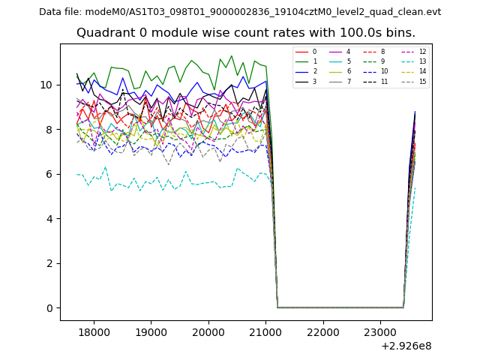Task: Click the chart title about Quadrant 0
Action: click(245, 33)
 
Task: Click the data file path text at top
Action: click(240, 12)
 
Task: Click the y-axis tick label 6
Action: click(50, 174)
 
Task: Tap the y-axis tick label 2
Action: click(50, 263)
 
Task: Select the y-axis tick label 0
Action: click(50, 308)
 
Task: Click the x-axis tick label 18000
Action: click(94, 331)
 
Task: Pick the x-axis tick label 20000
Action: click(208, 331)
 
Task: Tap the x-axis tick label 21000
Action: click(265, 331)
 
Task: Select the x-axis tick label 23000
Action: click(380, 331)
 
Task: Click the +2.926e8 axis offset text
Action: click(406, 346)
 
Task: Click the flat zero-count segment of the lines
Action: click(337, 307)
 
